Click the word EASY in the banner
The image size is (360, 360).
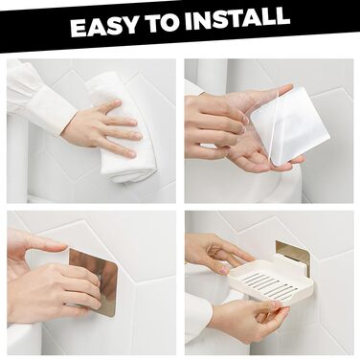pyautogui.click(x=104, y=26)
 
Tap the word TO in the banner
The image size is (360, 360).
pyautogui.click(x=162, y=23)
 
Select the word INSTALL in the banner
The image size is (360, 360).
pyautogui.click(x=237, y=18)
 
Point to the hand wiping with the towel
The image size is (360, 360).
pyautogui.click(x=102, y=127)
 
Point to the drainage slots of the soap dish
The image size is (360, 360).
pyautogui.click(x=270, y=284)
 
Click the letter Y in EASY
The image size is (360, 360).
pyautogui.click(x=130, y=25)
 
